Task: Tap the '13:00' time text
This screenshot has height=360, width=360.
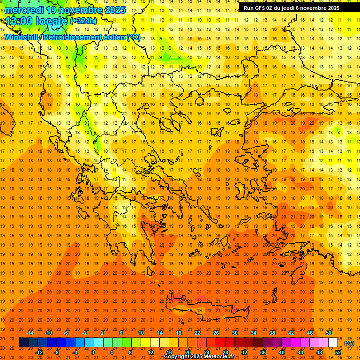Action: point(19,21)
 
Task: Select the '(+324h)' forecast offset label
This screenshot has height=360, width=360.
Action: point(83,21)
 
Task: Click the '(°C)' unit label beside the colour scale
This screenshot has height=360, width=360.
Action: point(349,343)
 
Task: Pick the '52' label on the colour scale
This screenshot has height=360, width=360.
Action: point(338,352)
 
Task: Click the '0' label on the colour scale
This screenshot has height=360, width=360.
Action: point(93,352)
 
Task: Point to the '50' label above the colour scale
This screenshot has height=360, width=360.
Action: point(328,333)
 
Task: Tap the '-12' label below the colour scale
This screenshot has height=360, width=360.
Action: point(39,352)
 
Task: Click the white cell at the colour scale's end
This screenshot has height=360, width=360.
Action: point(333,343)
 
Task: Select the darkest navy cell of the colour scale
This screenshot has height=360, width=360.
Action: point(23,343)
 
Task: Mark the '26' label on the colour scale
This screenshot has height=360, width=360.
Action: point(216,333)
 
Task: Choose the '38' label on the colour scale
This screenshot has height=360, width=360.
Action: point(272,333)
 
